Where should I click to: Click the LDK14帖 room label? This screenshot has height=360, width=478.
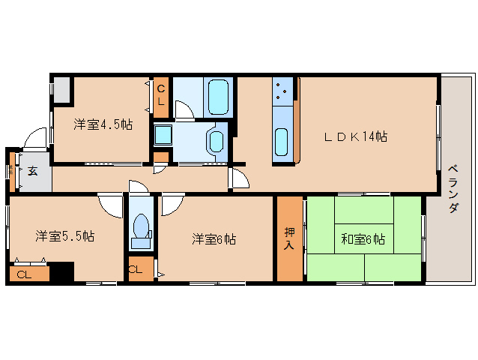[355, 136]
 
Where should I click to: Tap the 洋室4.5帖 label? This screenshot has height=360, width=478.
[103, 124]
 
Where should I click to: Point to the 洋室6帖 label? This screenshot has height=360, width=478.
[214, 239]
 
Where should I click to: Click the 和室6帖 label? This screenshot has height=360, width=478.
[363, 239]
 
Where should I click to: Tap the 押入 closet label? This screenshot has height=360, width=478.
[289, 238]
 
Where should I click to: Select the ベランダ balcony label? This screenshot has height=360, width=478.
[453, 188]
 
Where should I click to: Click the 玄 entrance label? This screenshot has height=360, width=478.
[33, 172]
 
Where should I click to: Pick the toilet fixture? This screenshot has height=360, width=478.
[140, 228]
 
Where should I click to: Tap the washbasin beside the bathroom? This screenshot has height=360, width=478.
[215, 140]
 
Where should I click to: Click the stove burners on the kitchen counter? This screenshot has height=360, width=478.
[282, 91]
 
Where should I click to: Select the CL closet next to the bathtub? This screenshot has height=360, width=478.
[161, 96]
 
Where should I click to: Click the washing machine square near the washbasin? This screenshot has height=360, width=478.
[163, 135]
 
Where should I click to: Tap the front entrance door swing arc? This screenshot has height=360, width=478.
[35, 140]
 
